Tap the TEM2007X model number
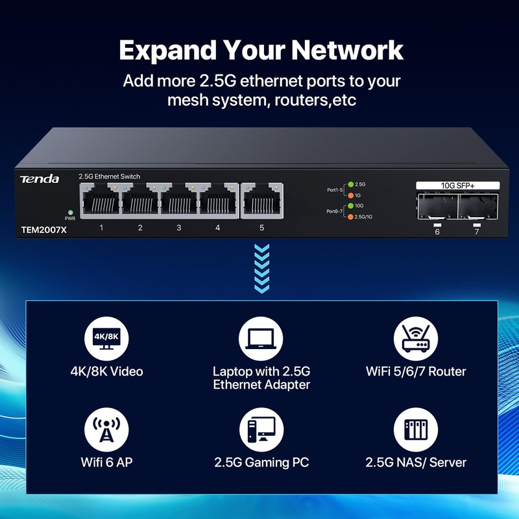43,229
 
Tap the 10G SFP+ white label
457,185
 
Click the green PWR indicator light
70,211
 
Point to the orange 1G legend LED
350,195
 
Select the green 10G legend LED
350,206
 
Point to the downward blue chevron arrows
261,267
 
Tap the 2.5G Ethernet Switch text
109,176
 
